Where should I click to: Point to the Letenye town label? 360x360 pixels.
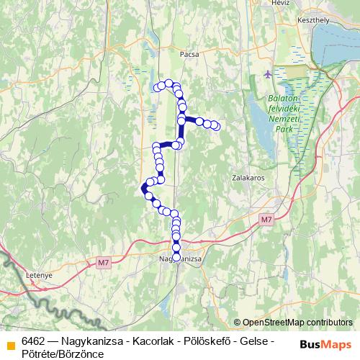[18, 274]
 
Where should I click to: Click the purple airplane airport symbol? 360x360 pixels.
[269, 74]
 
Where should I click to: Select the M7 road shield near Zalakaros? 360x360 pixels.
[267, 219]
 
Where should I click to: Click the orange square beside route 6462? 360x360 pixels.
[10, 346]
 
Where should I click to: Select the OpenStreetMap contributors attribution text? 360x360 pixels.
[297, 322]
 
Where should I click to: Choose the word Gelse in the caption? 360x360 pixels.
[252, 341]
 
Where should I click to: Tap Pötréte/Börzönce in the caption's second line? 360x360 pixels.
[63, 353]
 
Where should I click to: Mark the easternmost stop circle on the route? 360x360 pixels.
[215, 127]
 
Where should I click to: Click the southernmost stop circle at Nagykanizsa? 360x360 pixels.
[176, 257]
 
